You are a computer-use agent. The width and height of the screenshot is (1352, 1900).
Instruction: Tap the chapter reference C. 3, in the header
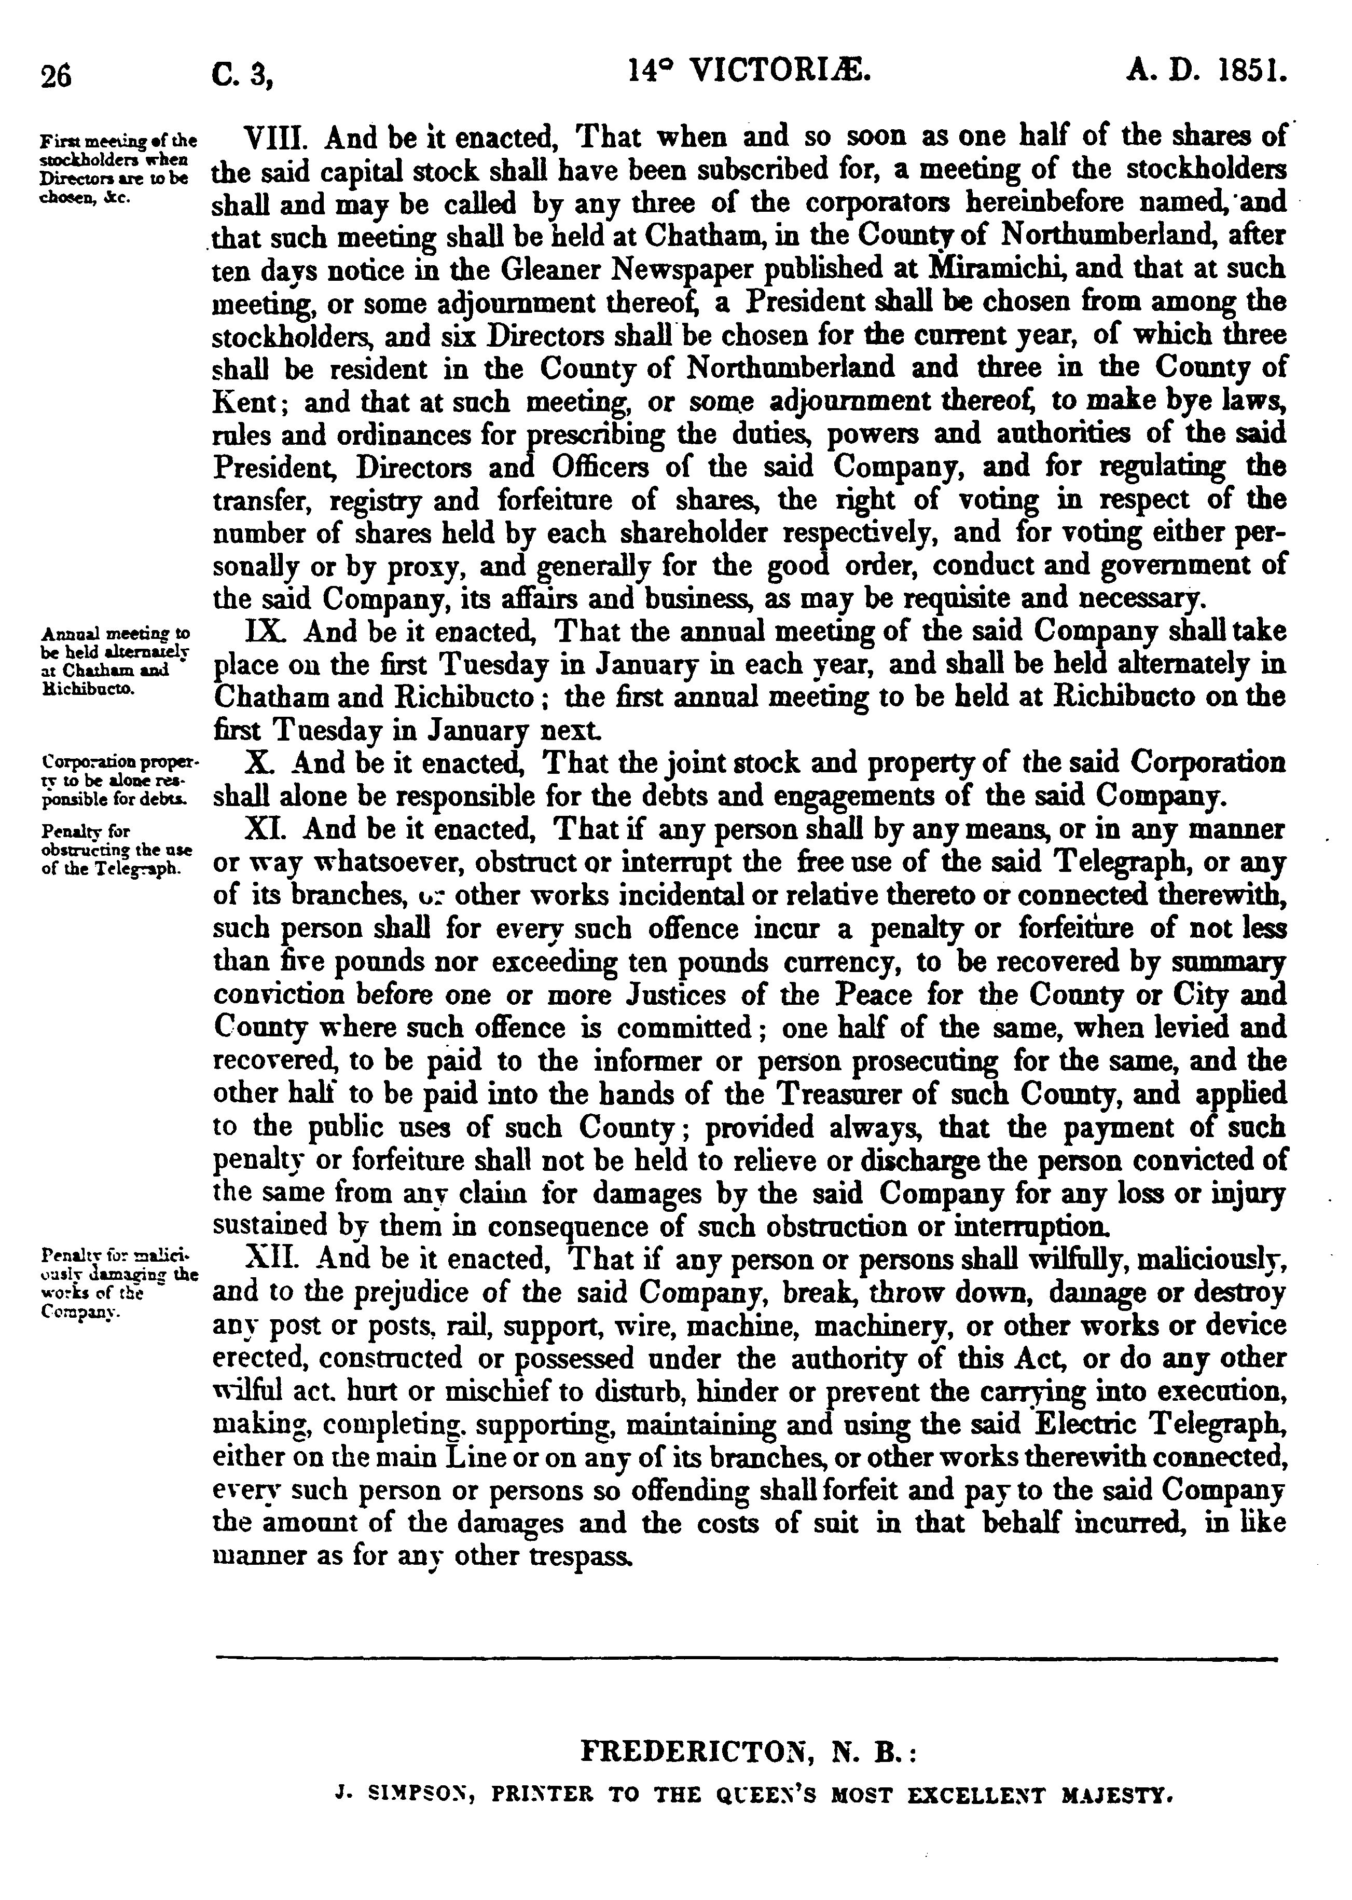(243, 77)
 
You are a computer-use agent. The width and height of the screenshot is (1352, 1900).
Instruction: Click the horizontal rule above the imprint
(744, 1659)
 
